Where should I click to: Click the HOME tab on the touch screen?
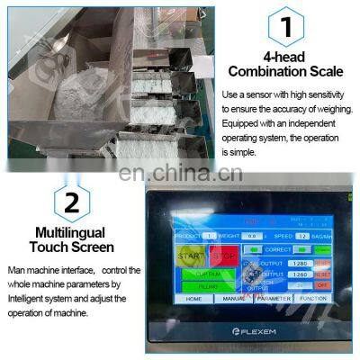[194, 298]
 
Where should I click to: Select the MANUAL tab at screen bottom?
[232, 298]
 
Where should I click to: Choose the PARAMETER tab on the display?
[274, 298]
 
